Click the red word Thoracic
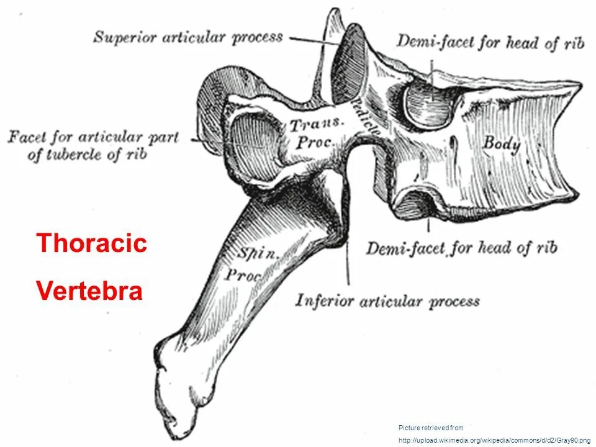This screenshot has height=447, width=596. [x=92, y=243]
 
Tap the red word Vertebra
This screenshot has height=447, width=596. [x=90, y=290]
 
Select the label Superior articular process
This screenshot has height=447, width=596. [x=188, y=37]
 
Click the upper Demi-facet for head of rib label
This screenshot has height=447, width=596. [x=490, y=42]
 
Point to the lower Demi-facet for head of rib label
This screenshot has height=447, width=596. [x=461, y=249]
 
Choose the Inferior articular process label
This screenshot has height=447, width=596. [x=387, y=302]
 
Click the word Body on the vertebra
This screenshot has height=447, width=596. [x=502, y=143]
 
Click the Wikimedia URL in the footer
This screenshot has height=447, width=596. [x=494, y=440]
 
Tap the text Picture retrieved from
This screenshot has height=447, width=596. [x=431, y=428]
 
